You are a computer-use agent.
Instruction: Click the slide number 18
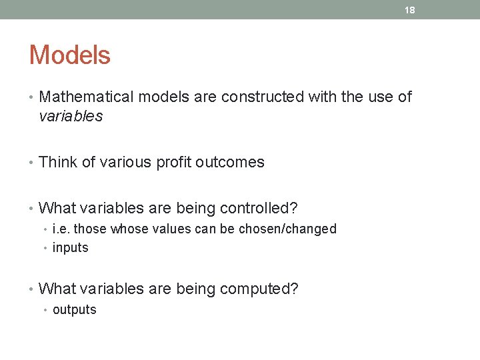click(410, 10)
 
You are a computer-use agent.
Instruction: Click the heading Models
click(69, 55)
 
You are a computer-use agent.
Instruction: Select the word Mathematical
click(87, 97)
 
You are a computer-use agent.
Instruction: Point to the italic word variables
click(71, 116)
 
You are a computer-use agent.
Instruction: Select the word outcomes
click(230, 162)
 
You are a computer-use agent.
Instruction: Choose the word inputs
click(70, 248)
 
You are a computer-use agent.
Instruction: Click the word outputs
click(74, 309)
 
